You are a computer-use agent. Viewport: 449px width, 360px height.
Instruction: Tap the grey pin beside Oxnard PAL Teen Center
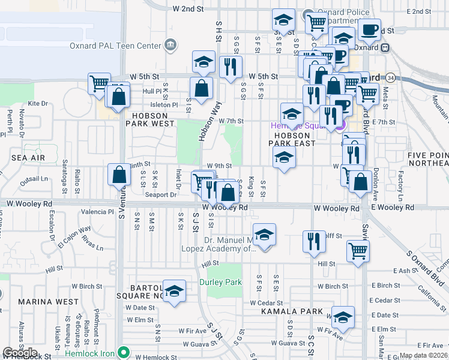[171, 45]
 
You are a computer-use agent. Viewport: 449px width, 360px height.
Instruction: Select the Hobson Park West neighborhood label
[150, 119]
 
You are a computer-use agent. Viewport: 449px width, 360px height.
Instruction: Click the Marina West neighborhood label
[49, 301]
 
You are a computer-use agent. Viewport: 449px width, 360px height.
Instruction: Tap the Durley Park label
[220, 282]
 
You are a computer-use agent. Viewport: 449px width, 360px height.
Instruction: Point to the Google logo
[20, 353]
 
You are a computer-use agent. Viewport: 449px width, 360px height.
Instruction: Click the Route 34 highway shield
[390, 77]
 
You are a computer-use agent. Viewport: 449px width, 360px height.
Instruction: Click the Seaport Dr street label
[161, 194]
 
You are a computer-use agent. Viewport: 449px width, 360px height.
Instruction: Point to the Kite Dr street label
[37, 104]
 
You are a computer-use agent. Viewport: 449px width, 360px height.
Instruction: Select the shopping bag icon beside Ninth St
[119, 175]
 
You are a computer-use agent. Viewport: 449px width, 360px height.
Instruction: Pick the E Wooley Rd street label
[392, 207]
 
